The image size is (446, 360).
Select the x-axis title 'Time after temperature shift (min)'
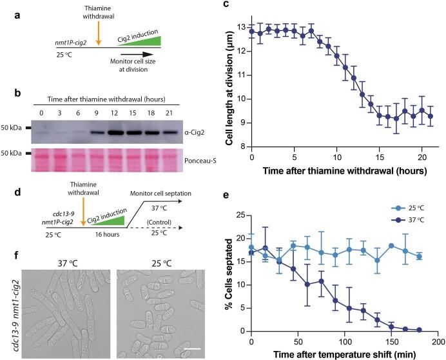click(343, 353)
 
